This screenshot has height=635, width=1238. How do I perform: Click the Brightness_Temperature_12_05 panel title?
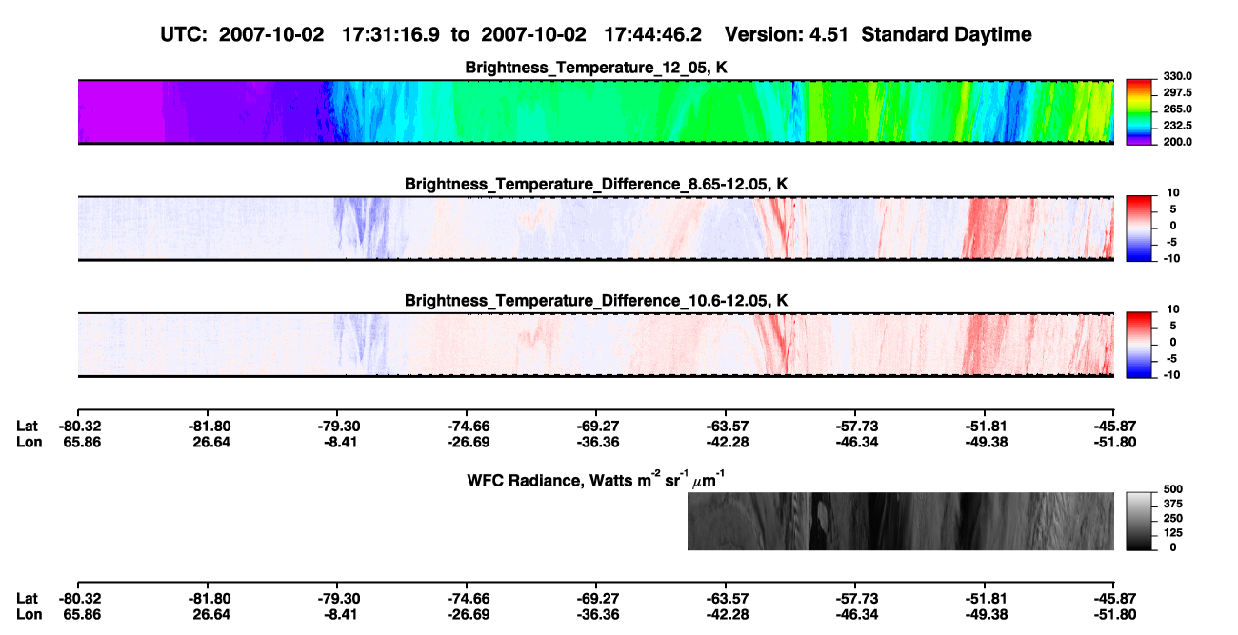tap(596, 68)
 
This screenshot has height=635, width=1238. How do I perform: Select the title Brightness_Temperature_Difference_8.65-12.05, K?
tap(596, 184)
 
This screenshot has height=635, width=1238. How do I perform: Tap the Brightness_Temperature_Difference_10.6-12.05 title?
tap(596, 301)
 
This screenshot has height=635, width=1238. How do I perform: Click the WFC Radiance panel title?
tap(596, 480)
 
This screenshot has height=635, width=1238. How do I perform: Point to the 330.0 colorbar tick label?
tap(1177, 76)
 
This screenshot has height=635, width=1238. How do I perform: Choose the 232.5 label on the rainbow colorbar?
tap(1177, 126)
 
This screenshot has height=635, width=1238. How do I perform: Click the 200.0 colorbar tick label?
tap(1177, 142)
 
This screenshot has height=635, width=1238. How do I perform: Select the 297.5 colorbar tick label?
tap(1177, 93)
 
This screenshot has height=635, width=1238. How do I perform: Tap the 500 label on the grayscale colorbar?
tap(1173, 489)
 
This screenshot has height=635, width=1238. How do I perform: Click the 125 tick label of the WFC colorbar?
tap(1173, 533)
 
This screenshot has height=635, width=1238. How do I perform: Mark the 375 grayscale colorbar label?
tap(1173, 504)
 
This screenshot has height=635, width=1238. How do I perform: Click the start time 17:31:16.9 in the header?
tap(390, 34)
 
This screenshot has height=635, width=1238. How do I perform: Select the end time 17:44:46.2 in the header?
tap(652, 34)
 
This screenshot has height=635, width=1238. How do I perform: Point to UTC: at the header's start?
tap(184, 34)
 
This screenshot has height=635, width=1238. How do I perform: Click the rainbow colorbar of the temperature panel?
tap(1139, 112)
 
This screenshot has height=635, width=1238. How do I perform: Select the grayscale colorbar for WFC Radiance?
tap(1139, 521)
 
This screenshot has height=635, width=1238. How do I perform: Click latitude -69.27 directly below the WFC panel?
tap(597, 599)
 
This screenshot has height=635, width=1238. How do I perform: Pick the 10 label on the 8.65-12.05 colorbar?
tap(1173, 193)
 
